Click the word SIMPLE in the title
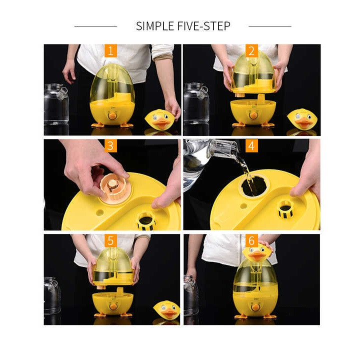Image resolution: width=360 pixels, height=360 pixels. pyautogui.click(x=155, y=25)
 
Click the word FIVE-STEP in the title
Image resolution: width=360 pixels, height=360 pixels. pyautogui.click(x=204, y=25)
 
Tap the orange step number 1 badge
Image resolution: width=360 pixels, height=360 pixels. pyautogui.click(x=110, y=50)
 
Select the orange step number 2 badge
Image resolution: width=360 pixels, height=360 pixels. pyautogui.click(x=251, y=50)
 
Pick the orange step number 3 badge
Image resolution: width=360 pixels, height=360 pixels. pyautogui.click(x=110, y=145)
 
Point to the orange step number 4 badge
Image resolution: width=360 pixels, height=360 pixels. pyautogui.click(x=251, y=145)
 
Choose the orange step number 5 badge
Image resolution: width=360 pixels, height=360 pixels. pyautogui.click(x=110, y=240)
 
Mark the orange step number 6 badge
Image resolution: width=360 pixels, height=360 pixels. pyautogui.click(x=251, y=240)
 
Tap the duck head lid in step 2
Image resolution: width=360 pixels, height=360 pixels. pyautogui.click(x=302, y=118)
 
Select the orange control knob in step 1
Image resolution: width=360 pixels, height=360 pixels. pyautogui.click(x=112, y=115)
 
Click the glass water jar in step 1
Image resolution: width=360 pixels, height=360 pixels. pyautogui.click(x=56, y=104)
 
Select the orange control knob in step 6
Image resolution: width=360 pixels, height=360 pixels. pyautogui.click(x=254, y=307)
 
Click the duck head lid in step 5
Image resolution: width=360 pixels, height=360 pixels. pyautogui.click(x=167, y=309)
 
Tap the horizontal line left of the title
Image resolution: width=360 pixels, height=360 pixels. pyautogui.click(x=95, y=26)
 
